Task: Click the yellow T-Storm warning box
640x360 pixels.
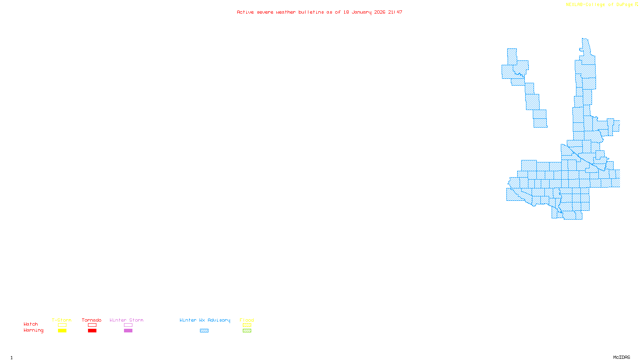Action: [x=62, y=331]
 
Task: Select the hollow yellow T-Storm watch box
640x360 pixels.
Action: [x=62, y=325]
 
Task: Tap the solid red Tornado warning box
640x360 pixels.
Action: [x=92, y=331]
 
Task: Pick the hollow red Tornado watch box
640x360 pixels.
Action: [x=92, y=325]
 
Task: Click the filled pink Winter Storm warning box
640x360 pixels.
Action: [x=128, y=331]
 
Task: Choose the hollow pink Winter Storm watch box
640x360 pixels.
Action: [x=128, y=325]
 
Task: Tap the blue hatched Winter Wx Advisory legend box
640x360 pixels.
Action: [x=204, y=331]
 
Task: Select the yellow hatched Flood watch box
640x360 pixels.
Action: [x=247, y=325]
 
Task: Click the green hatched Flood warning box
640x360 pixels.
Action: [x=247, y=331]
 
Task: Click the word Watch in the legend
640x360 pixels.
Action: [x=31, y=324]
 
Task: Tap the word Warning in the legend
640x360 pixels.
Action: [x=34, y=330]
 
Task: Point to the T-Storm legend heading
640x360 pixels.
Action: [x=62, y=320]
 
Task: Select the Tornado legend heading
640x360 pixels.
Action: [x=92, y=320]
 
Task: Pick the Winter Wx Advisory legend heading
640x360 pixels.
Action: [x=205, y=320]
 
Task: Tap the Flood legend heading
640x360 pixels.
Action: [x=247, y=320]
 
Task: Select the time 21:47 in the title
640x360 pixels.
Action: [x=395, y=12]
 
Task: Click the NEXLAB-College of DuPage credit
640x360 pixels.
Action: [x=600, y=5]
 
